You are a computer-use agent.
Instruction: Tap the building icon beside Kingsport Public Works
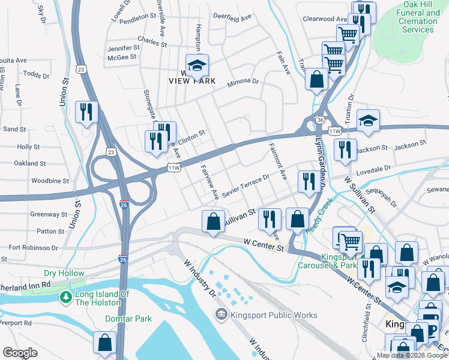pos(221,314)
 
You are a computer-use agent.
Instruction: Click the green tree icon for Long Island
pos(64,297)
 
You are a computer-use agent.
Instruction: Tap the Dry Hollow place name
pos(64,274)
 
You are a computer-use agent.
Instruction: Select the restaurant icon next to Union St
pos(86,112)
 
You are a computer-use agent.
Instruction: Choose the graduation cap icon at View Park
pos(196,65)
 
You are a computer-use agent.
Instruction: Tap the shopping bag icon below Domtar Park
pos(104,343)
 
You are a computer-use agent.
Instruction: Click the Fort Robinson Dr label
pos(31,247)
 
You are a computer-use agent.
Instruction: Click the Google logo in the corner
pos(20,353)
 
